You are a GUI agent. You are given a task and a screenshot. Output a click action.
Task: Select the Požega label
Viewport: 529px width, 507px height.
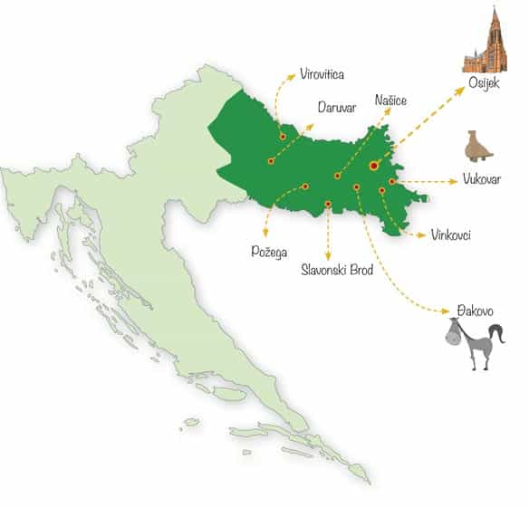[269, 249]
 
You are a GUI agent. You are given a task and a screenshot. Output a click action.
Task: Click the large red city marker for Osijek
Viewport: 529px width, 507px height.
[374, 166]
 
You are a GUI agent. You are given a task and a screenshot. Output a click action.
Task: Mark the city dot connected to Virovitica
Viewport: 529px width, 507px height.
[283, 137]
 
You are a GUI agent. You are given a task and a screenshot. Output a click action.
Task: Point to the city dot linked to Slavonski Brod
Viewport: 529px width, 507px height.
[327, 205]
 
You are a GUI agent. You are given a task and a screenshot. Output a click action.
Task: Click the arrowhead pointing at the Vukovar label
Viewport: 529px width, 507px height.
[455, 181]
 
